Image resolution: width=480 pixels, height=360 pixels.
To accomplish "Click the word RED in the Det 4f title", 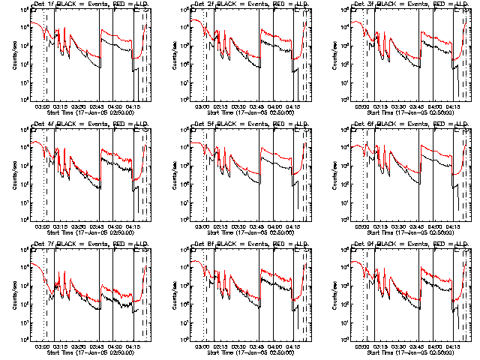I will tap(115, 124).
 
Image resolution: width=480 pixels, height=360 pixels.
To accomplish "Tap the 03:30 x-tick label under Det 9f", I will tap(397, 346).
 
